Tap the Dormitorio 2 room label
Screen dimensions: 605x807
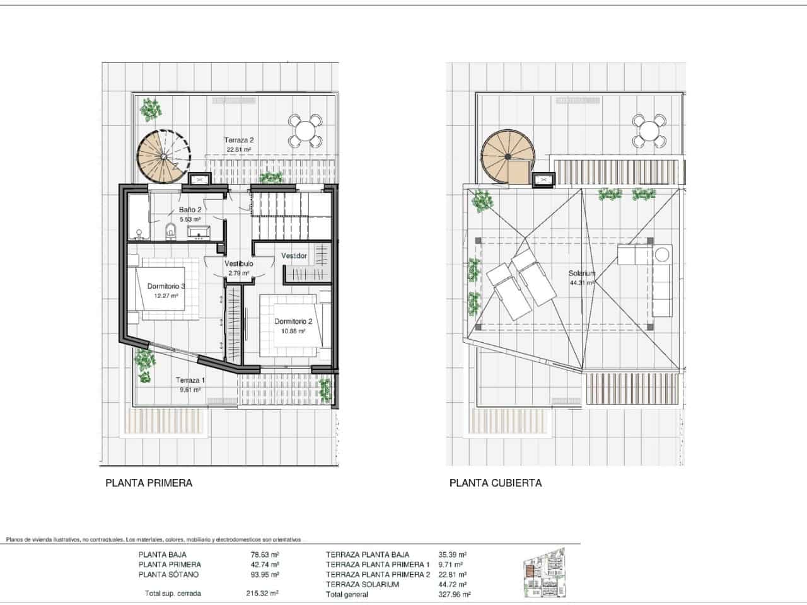point(290,321)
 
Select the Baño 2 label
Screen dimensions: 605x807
point(190,210)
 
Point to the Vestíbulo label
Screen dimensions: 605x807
point(238,263)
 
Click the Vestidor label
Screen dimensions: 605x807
point(294,256)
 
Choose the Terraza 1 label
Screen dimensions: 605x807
point(190,381)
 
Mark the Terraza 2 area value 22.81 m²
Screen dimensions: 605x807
point(239,150)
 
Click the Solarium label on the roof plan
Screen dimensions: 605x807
point(581,274)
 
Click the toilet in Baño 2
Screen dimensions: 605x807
point(170,232)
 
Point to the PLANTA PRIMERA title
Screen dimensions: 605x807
point(148,483)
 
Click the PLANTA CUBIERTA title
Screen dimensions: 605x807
point(495,483)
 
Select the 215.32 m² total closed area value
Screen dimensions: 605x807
point(262,593)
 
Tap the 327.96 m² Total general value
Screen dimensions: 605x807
point(454,594)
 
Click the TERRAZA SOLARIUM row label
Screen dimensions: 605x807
point(363,584)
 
